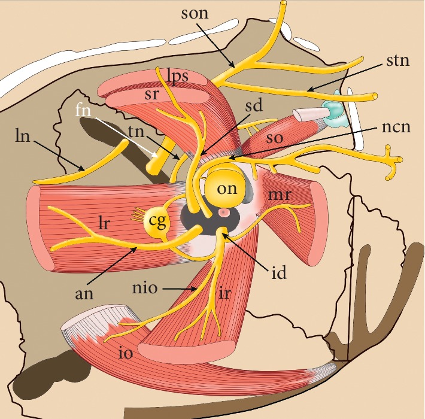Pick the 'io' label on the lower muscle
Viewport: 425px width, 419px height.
pos(125,353)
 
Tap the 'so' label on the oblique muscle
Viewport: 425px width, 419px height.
pos(274,138)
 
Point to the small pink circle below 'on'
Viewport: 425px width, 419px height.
pos(224,212)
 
